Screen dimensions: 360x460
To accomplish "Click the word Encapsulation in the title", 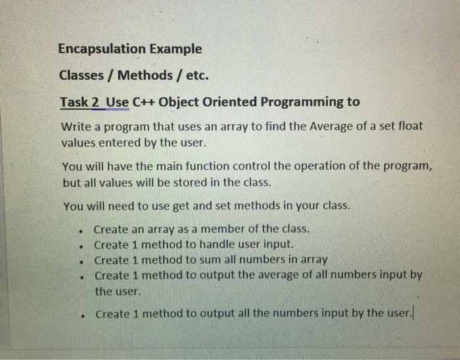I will [101, 49].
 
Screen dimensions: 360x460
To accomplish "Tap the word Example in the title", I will [174, 49].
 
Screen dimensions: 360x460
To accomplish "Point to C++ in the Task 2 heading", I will [144, 102].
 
